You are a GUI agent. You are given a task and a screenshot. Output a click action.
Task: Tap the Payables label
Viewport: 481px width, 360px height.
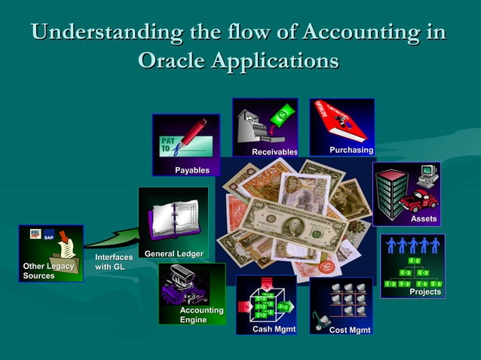coord(192,170)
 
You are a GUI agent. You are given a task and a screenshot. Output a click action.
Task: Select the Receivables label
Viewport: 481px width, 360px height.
coord(274,153)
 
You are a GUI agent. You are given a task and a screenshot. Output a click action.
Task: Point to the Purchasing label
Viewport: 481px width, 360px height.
coord(351,151)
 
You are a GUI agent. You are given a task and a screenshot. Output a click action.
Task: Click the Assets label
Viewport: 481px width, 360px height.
coord(423,218)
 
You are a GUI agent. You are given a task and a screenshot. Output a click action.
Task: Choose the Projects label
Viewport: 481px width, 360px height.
coord(424,291)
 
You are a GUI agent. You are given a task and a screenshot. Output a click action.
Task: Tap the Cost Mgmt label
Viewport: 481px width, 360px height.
coord(349,330)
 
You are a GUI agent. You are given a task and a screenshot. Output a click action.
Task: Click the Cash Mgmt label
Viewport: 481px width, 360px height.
coord(274,329)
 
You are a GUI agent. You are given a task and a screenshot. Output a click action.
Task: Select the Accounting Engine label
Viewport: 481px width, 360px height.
coord(201,315)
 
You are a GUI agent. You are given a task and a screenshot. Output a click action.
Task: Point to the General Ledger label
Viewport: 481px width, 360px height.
coord(173,254)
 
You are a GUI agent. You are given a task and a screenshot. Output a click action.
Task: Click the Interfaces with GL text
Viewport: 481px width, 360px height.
coord(114,262)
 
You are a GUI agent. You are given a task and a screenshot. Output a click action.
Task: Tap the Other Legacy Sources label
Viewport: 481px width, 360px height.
coord(48,271)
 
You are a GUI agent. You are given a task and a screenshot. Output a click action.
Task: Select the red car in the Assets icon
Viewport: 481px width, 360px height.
coord(418,201)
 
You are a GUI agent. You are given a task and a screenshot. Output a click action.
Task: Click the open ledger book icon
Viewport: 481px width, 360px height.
coord(174,218)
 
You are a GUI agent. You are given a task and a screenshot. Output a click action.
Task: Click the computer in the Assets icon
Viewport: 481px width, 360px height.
coord(427,175)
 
